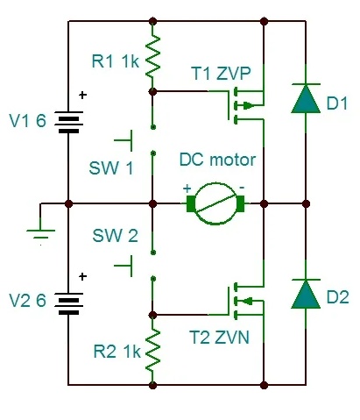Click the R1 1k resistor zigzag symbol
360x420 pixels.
point(152,56)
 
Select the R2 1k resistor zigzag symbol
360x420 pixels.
point(152,351)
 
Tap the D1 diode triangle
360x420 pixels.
point(306,98)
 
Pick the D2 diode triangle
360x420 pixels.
point(306,294)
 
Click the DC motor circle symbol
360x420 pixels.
point(215,203)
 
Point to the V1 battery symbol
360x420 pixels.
point(68,122)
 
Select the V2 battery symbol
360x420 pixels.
point(68,303)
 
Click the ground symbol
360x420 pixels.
point(41,234)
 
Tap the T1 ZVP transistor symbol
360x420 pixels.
point(246,105)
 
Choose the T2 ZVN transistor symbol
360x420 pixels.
point(246,301)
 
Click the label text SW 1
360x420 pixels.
point(111,168)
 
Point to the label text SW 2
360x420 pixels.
point(115,236)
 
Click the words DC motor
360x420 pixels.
point(217,160)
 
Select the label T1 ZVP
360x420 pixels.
point(221,74)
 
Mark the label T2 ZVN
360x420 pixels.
point(220,338)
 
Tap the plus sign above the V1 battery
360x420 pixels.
point(83,95)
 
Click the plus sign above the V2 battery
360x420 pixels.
point(83,276)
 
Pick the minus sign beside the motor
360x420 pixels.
point(242,188)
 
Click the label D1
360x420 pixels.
point(337,103)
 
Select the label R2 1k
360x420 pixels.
point(117,352)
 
